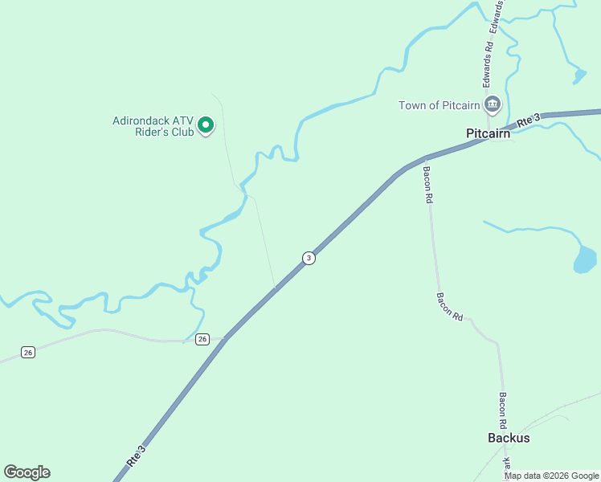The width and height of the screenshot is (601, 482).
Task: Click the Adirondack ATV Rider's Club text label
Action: (153, 126)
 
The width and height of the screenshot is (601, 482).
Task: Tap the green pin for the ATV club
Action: (206, 125)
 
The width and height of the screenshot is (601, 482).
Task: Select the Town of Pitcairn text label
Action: (440, 105)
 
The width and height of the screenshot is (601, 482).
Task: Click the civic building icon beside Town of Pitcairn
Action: (493, 104)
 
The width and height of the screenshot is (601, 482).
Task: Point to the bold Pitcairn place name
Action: (488, 134)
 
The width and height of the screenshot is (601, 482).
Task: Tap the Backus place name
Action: (509, 438)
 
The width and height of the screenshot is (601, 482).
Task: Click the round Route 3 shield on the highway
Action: (309, 258)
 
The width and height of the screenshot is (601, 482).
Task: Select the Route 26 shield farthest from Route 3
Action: (28, 353)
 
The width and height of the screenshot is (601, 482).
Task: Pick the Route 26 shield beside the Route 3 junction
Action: (202, 339)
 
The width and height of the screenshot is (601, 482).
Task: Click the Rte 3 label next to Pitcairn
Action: (527, 120)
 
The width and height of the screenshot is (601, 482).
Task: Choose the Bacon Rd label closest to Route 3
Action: (428, 184)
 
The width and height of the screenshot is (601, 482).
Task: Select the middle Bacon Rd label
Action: (450, 306)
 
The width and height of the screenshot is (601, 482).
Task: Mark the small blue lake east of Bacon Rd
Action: (585, 260)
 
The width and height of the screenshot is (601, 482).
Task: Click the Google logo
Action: (27, 472)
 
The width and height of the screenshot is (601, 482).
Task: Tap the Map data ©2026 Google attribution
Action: (552, 476)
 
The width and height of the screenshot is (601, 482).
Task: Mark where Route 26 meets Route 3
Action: (226, 339)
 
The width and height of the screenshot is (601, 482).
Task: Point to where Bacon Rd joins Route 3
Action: (423, 159)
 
